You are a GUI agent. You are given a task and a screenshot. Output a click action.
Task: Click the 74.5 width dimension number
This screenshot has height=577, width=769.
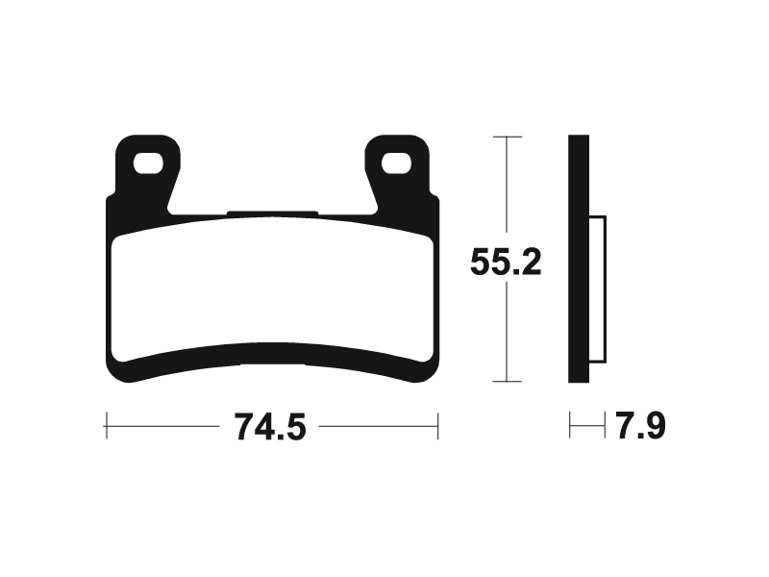270,423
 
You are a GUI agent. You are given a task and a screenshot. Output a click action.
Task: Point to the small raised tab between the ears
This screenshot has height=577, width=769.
272,213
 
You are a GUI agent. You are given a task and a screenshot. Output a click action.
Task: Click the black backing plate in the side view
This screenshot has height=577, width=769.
578,260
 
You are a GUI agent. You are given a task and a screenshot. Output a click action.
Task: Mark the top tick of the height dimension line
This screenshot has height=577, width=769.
507,138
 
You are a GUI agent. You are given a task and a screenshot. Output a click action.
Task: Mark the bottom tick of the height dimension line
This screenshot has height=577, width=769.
507,382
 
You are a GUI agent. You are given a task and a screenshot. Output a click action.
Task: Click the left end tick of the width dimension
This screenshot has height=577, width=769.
106,423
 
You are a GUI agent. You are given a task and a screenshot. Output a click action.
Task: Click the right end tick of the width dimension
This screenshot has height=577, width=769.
438,423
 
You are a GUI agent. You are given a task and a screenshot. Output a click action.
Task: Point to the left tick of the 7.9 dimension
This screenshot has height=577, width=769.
570,423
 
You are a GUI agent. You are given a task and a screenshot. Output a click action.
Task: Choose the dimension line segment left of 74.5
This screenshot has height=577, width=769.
163,423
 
